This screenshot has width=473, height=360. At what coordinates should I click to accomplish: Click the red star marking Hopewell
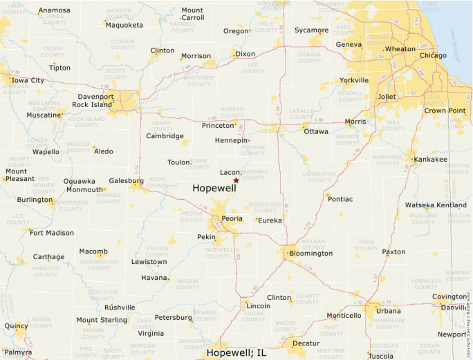[x=236, y=180]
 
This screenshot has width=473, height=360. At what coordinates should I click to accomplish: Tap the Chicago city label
[x=433, y=55]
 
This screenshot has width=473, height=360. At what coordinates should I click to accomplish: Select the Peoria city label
[x=232, y=218]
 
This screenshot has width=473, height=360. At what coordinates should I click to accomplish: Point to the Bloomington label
[x=311, y=253]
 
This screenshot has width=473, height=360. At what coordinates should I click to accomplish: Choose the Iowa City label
[x=28, y=80]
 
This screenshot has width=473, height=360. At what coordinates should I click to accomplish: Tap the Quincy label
[x=16, y=325]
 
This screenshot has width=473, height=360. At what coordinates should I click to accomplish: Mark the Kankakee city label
[x=431, y=160]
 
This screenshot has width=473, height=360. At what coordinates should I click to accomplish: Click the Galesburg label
[x=127, y=180]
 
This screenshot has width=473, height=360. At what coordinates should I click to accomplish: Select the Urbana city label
[x=388, y=311]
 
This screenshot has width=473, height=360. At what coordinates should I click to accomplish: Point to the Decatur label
[x=306, y=343]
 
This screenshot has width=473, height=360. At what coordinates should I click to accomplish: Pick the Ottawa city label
[x=316, y=131]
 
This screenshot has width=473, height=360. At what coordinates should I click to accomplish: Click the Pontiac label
[x=340, y=199]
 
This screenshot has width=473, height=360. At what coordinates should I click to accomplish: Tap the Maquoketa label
[x=125, y=25]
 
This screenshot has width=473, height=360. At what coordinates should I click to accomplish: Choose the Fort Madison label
[x=52, y=233]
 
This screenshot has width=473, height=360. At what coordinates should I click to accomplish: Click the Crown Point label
[x=445, y=111]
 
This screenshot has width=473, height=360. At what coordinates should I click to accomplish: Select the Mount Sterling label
[x=102, y=320]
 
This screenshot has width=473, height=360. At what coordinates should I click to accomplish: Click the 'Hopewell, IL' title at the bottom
[x=236, y=353]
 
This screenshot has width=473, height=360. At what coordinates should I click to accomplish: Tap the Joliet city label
[x=387, y=97]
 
